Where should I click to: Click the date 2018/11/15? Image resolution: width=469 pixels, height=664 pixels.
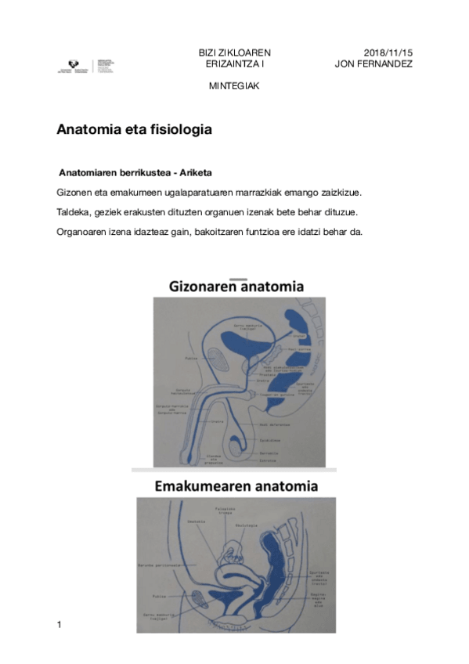(x=388, y=52)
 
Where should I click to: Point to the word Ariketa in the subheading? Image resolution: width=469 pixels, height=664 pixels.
(x=196, y=171)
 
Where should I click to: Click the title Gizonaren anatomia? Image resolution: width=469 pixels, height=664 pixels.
(x=236, y=287)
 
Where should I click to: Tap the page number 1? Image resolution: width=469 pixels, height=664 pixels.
(x=60, y=624)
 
